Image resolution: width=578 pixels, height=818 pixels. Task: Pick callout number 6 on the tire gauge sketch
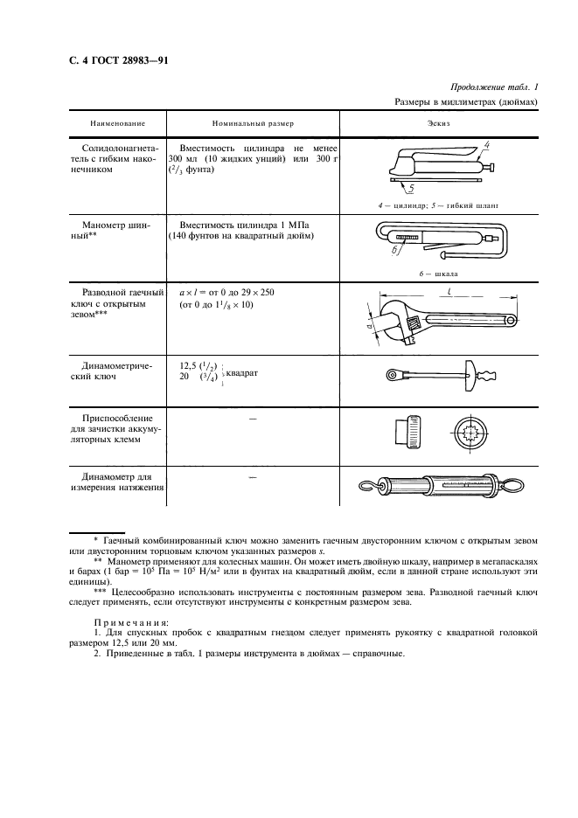pos(393,251)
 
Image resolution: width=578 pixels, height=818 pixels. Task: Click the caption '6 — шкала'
pos(437,272)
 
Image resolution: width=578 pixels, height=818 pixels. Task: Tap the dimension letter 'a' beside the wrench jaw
pos(368,325)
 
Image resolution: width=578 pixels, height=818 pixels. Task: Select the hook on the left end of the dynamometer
pos(370,485)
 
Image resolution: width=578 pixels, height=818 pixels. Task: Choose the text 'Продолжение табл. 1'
pos(493,87)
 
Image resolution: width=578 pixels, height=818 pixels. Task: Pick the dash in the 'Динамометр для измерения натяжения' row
pos(254,479)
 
